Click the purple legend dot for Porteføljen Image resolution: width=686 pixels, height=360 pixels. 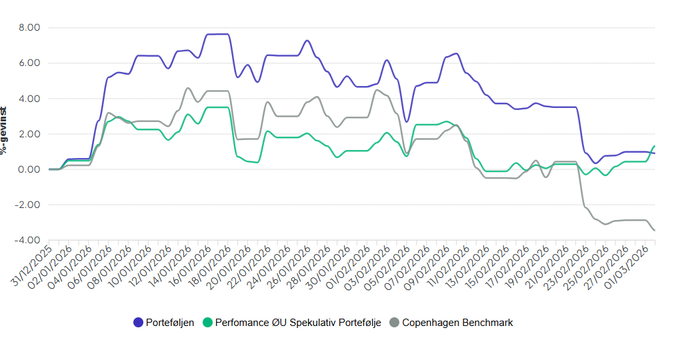click(138, 323)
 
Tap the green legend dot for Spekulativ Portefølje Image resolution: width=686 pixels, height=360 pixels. click(207, 323)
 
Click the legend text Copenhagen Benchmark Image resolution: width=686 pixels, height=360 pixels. click(457, 323)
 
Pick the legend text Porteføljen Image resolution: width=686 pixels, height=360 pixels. click(170, 323)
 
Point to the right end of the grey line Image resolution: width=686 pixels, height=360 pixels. click(655, 231)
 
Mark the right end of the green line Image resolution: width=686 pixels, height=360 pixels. click(655, 146)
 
